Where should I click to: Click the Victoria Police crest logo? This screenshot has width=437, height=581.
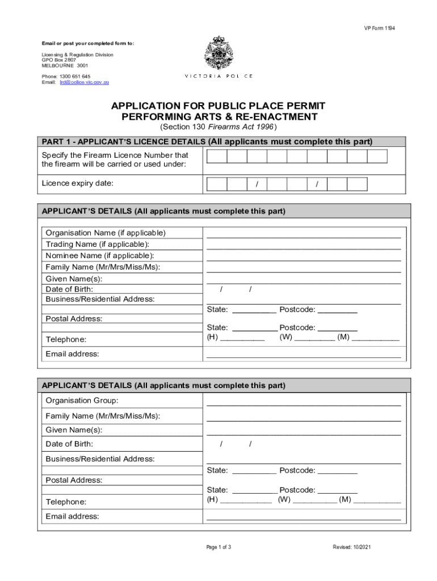pyautogui.click(x=218, y=53)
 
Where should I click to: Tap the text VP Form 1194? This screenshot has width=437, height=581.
pyautogui.click(x=380, y=28)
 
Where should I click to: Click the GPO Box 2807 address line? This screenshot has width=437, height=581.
pyautogui.click(x=58, y=60)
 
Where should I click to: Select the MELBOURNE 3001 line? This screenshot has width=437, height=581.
pyautogui.click(x=61, y=65)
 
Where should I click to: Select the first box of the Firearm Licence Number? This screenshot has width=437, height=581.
pyautogui.click(x=217, y=157)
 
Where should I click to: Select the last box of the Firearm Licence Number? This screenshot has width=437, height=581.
pyautogui.click(x=377, y=157)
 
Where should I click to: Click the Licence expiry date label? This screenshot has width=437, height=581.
pyautogui.click(x=78, y=183)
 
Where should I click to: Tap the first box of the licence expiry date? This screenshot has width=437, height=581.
pyautogui.click(x=217, y=183)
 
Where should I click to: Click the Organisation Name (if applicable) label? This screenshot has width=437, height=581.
pyautogui.click(x=106, y=233)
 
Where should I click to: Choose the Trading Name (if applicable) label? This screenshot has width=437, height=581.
pyautogui.click(x=98, y=244)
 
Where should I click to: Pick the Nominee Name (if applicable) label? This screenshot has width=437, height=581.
pyautogui.click(x=100, y=256)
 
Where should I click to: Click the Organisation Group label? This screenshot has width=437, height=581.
pyautogui.click(x=82, y=401)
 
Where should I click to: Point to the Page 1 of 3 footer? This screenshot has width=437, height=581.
pyautogui.click(x=218, y=547)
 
